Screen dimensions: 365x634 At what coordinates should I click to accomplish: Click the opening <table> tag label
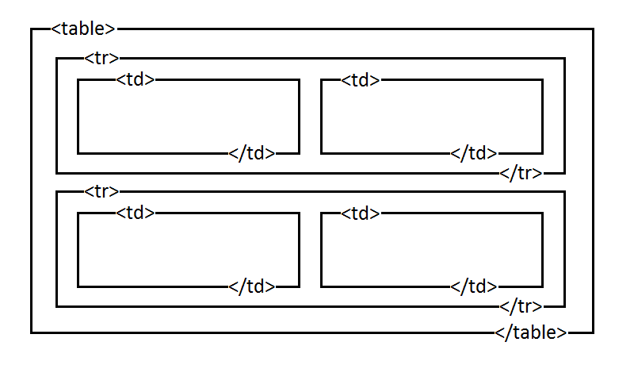83,29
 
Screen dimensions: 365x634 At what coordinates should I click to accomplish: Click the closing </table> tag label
531,332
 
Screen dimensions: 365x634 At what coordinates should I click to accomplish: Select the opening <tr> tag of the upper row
101,58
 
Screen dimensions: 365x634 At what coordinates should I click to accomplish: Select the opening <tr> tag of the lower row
101,191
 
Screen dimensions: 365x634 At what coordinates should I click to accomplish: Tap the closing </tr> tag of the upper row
521,174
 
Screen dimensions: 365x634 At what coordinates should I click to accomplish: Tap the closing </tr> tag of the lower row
521,306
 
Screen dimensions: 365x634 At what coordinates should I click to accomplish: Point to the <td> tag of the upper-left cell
135,79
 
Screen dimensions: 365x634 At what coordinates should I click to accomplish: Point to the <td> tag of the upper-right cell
361,79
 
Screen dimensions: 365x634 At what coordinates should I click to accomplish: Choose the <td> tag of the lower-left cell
135,213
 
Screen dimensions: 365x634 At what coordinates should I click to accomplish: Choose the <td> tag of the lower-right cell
361,213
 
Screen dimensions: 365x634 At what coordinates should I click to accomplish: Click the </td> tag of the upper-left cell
251,153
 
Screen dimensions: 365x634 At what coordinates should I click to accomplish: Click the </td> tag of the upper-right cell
473,153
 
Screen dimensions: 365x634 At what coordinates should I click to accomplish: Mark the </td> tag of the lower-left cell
251,286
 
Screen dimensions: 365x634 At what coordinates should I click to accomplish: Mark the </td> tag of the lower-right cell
473,286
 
